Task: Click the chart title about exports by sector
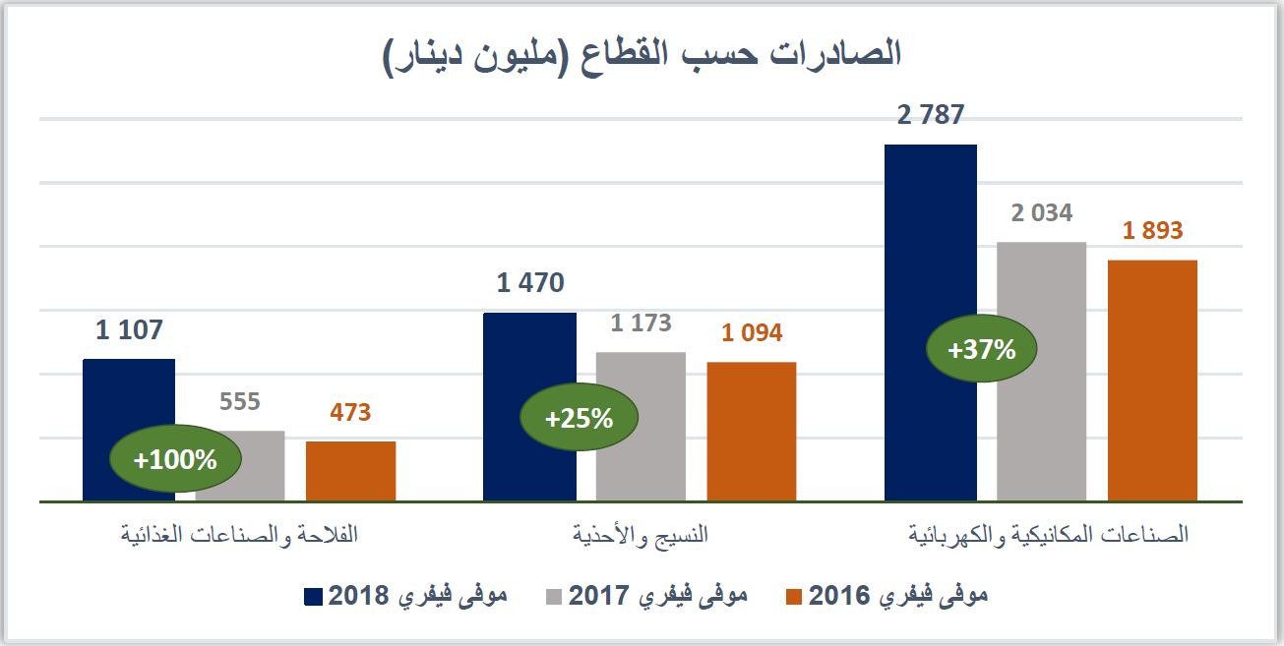(641, 54)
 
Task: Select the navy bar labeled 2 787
(930, 246)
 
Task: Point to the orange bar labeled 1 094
(751, 433)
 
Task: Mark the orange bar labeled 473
(350, 472)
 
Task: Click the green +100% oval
(175, 459)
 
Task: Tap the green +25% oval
(579, 418)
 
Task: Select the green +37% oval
(980, 349)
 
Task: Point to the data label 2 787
(930, 116)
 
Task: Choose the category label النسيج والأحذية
(641, 536)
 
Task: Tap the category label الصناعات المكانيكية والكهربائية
(1048, 536)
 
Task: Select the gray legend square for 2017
(553, 596)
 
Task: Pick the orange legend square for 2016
(794, 596)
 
